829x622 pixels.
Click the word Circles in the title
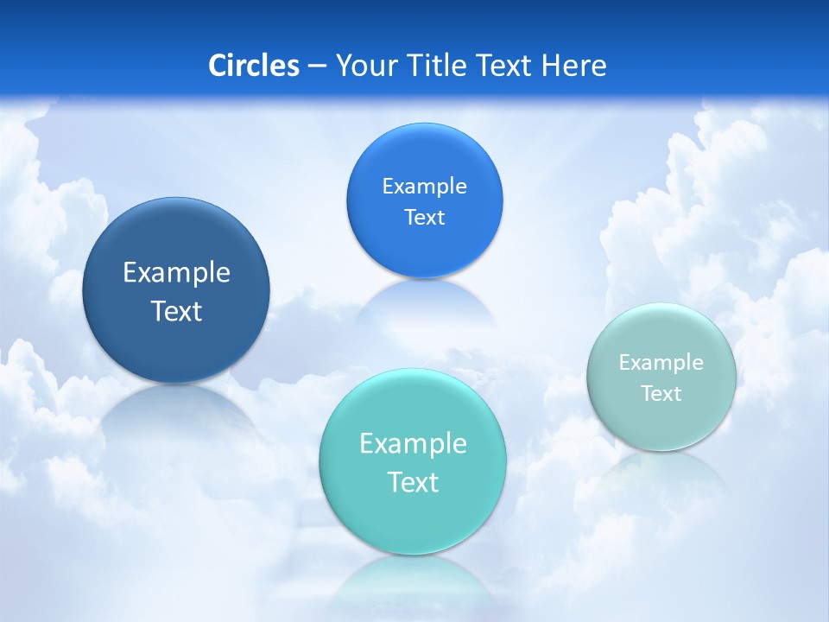(x=253, y=66)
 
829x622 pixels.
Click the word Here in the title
(x=575, y=66)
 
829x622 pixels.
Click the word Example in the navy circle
(x=176, y=273)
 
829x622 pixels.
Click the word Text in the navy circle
(x=176, y=311)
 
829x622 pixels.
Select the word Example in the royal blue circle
(x=424, y=187)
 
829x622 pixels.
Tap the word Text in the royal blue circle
(x=424, y=218)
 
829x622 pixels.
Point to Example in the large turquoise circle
(x=413, y=444)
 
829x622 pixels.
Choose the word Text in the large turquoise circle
(x=413, y=482)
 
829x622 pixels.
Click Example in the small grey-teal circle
(x=661, y=363)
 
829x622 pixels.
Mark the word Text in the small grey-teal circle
(x=661, y=394)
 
